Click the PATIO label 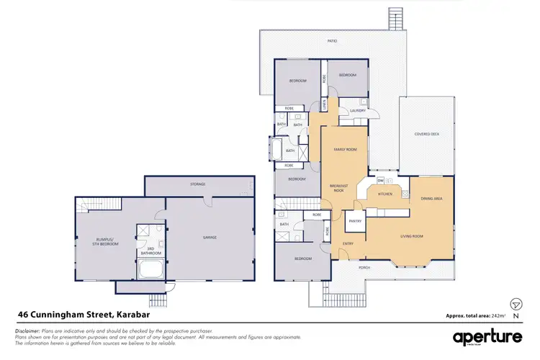tap(332, 41)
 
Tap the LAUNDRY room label tap(358, 110)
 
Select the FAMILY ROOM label tap(345, 149)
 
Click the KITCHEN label tap(386, 194)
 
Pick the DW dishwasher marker tap(380, 180)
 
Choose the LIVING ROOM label tap(411, 235)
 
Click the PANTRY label tap(355, 221)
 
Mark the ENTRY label tap(348, 243)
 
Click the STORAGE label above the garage tap(198, 184)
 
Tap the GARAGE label tap(210, 237)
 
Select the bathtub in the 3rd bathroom tap(151, 270)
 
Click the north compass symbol tap(516, 305)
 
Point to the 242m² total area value tap(498, 315)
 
